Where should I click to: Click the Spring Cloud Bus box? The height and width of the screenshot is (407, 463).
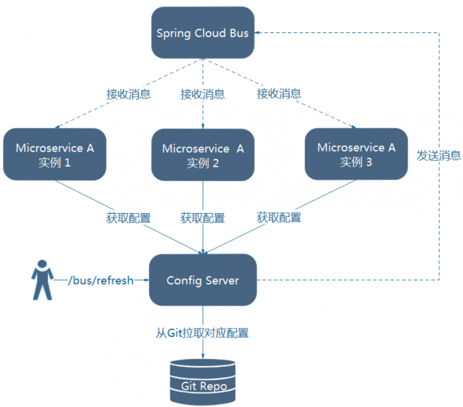coord(203,33)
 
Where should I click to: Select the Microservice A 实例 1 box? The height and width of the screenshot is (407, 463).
coord(55,154)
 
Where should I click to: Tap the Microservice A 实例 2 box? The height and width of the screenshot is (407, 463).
coord(203,155)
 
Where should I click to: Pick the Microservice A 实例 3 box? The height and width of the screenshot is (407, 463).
coord(357,154)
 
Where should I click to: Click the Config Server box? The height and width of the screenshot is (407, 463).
coord(203,280)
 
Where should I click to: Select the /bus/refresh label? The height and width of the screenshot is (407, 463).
coord(100,280)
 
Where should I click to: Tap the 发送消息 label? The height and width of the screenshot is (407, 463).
coord(438,156)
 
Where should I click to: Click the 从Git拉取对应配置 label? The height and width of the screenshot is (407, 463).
coord(202,333)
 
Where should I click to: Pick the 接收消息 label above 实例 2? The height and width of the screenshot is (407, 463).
coord(203,95)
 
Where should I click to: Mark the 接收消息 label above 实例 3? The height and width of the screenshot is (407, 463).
coord(279,94)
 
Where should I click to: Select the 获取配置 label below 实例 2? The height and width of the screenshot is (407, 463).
coord(203,218)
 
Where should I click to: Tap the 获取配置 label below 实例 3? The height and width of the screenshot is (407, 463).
coord(279,217)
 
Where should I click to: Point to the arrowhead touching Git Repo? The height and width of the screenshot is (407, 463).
coord(203,356)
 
